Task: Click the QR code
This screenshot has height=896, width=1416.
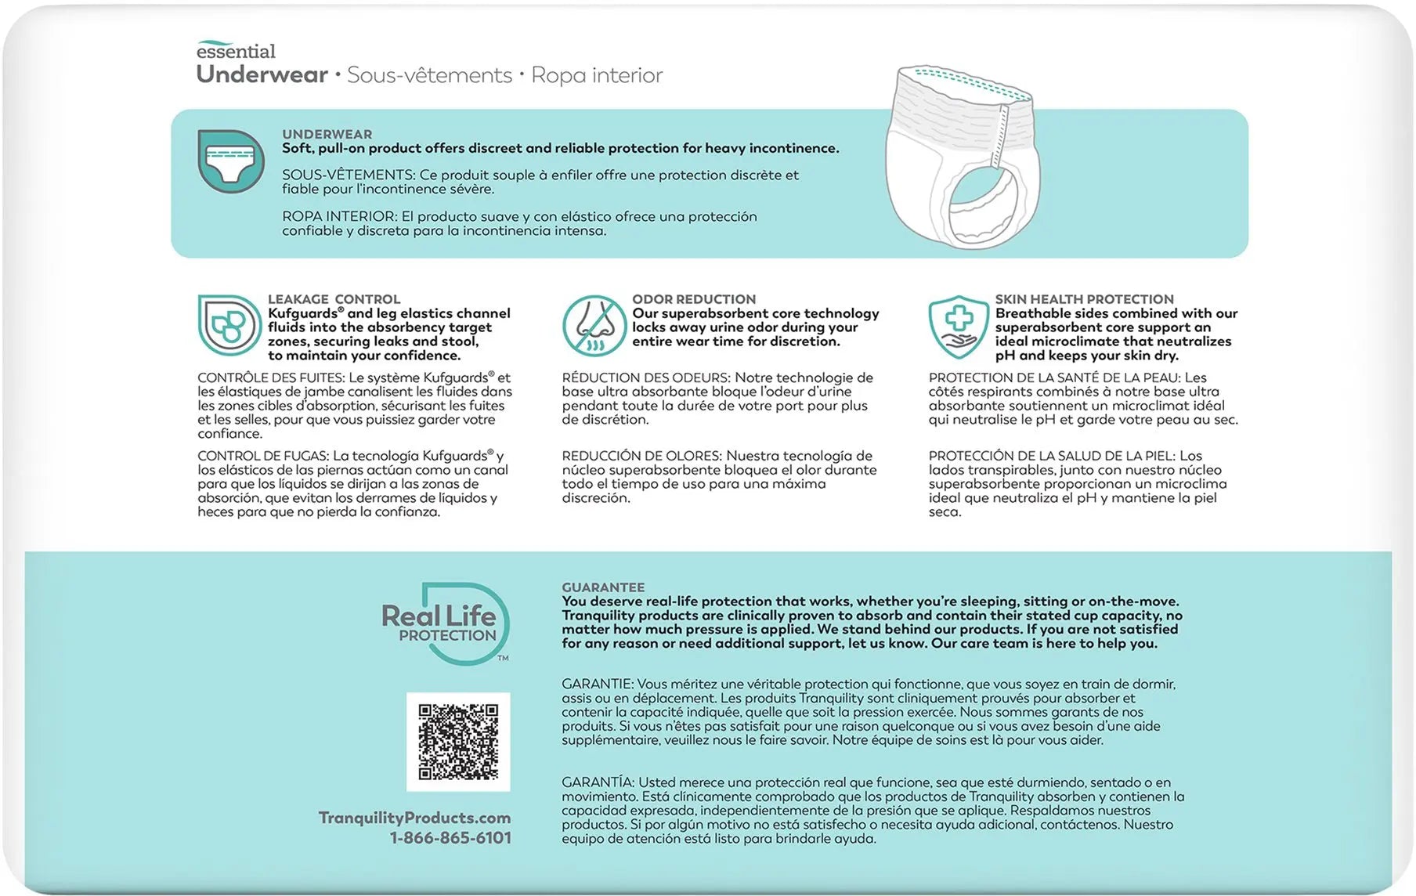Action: pos(458,742)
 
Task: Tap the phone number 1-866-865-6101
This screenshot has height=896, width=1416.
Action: pos(450,838)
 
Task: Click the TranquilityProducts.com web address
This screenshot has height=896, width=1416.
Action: pos(414,818)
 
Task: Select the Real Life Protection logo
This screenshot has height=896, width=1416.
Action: pos(444,623)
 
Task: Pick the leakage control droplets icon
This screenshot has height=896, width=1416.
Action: pos(229,326)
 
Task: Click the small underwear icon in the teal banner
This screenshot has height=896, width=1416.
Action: pos(230,161)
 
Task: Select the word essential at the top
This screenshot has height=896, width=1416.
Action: pos(236,52)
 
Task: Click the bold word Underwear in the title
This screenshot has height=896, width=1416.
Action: pos(262,75)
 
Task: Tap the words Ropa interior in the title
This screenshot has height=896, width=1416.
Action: pos(597,75)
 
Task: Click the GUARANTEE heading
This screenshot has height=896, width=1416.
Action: pos(603,587)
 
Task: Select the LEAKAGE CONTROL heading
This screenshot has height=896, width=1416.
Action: pos(334,299)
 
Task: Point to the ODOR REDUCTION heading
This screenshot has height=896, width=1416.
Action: pos(694,299)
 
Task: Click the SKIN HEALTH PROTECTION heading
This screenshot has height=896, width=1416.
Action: pos(1084,299)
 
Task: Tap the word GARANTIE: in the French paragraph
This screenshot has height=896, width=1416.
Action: pos(597,685)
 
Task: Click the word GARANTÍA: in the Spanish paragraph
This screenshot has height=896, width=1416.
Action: pos(598,782)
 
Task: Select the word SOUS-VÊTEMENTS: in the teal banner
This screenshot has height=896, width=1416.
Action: pos(349,175)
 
